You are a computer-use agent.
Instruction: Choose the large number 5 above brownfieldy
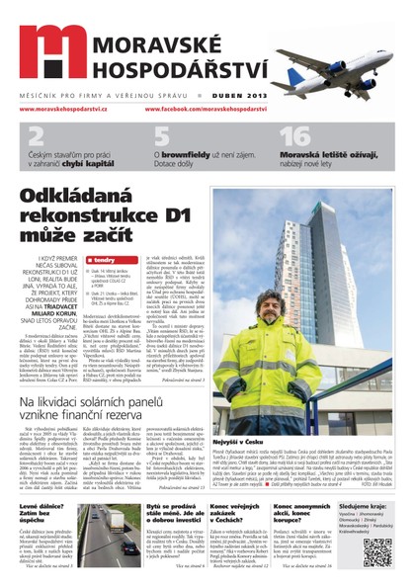click(x=161, y=136)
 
